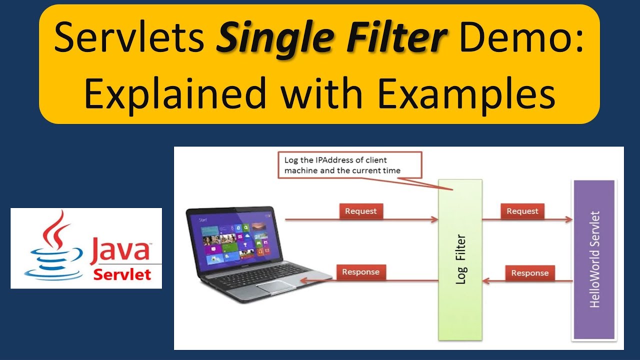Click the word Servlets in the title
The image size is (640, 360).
point(129,39)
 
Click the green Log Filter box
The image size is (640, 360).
point(460,260)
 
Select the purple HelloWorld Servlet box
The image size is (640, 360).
point(593,260)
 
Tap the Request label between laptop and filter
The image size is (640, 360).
point(360,211)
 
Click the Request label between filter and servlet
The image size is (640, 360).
point(522,211)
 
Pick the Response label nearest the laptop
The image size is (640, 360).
point(360,272)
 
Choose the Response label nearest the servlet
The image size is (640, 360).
point(529,273)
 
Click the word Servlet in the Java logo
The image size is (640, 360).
point(122,274)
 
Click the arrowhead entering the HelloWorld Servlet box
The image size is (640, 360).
point(568,219)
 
